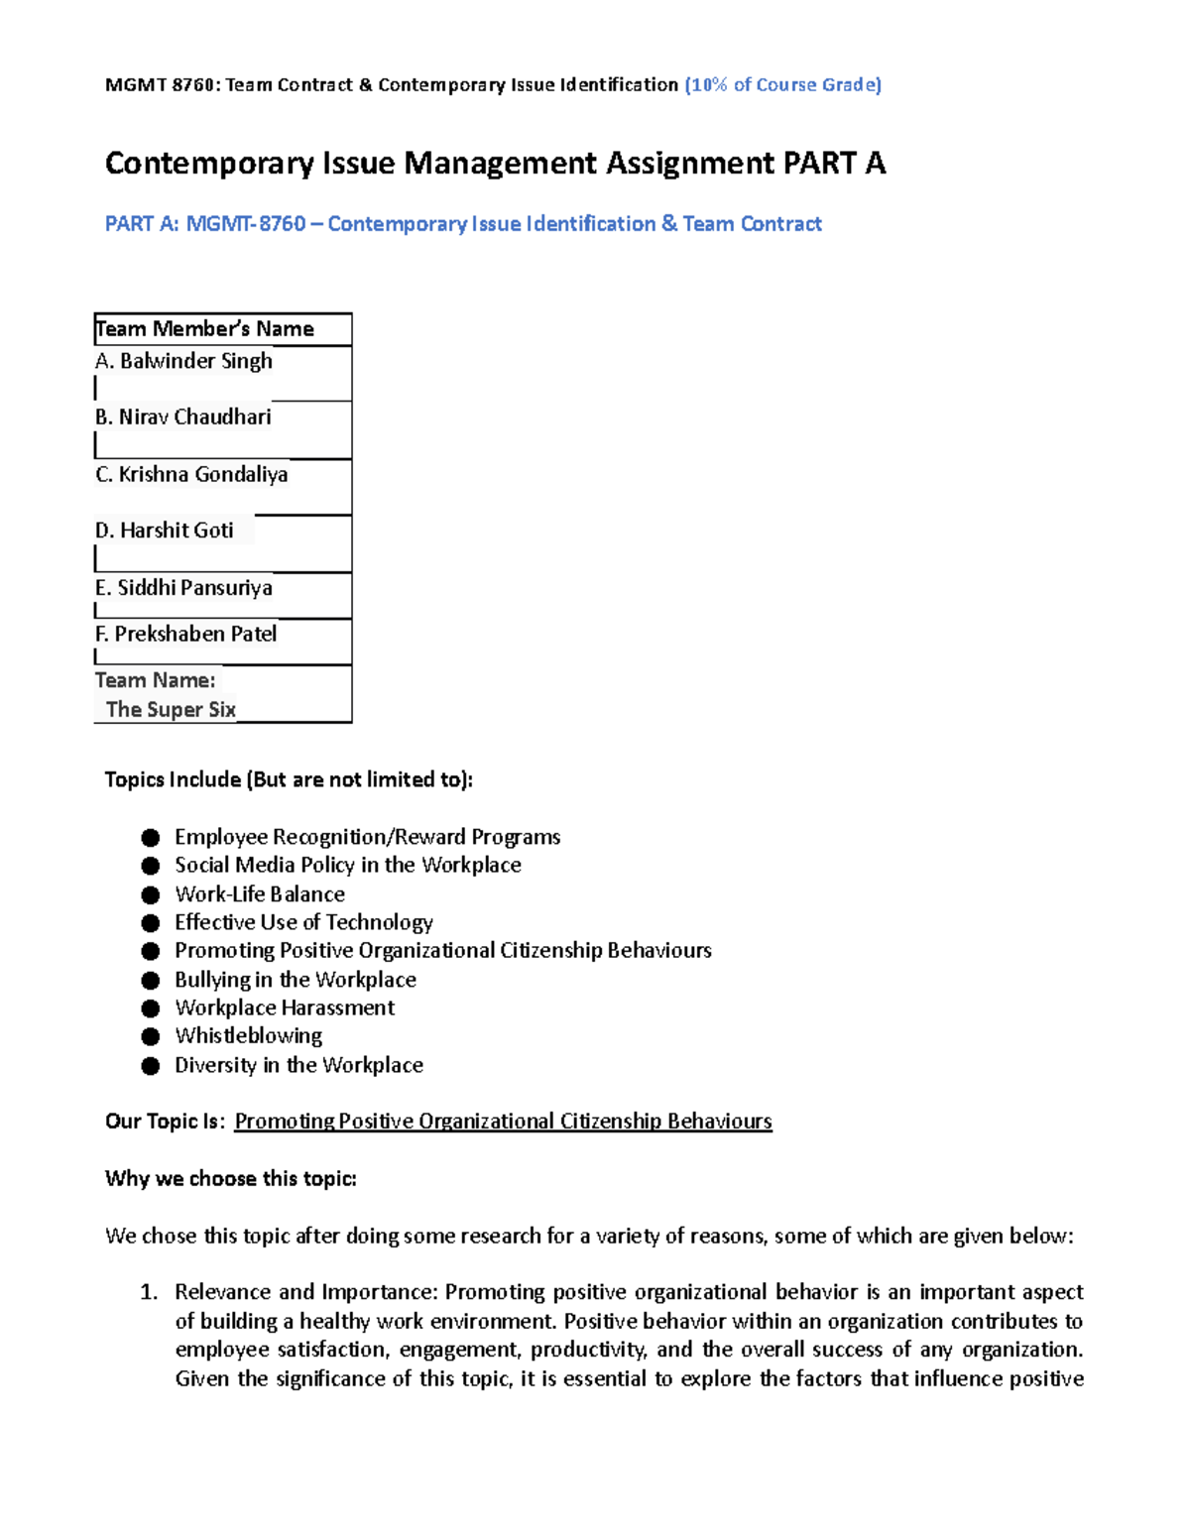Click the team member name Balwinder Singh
pyautogui.click(x=195, y=361)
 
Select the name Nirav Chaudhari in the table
pyautogui.click(x=194, y=417)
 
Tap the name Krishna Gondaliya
pyautogui.click(x=202, y=475)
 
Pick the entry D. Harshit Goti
pyautogui.click(x=165, y=531)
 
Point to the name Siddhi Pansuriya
pyautogui.click(x=194, y=588)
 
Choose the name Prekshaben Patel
pyautogui.click(x=195, y=634)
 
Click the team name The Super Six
pyautogui.click(x=171, y=709)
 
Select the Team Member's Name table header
pyautogui.click(x=205, y=329)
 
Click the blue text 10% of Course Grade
pyautogui.click(x=782, y=85)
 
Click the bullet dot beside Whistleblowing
pyautogui.click(x=151, y=1037)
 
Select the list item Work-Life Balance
pyautogui.click(x=260, y=894)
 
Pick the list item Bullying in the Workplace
pyautogui.click(x=296, y=980)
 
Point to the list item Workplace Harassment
pyautogui.click(x=285, y=1008)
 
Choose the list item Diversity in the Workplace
pyautogui.click(x=298, y=1065)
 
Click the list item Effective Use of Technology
pyautogui.click(x=303, y=922)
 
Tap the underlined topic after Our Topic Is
pyautogui.click(x=503, y=1122)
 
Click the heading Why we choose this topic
pyautogui.click(x=231, y=1179)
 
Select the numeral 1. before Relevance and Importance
pyautogui.click(x=149, y=1292)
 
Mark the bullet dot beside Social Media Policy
pyautogui.click(x=151, y=866)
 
